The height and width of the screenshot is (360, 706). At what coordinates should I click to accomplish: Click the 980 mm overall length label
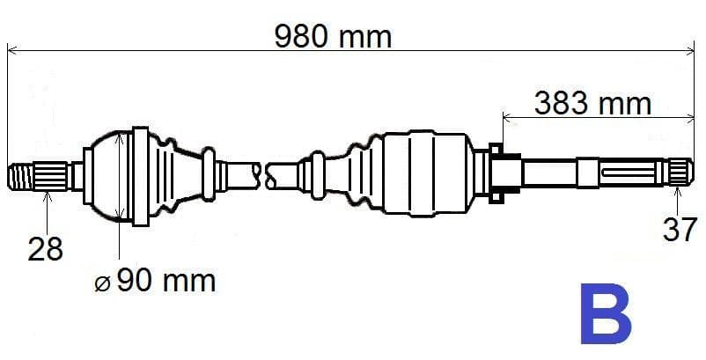click(x=333, y=36)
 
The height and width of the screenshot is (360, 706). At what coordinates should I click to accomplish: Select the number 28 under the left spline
click(x=45, y=249)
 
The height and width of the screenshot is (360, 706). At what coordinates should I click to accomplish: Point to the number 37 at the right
click(x=679, y=231)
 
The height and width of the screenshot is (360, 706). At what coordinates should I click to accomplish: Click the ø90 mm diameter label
click(x=155, y=281)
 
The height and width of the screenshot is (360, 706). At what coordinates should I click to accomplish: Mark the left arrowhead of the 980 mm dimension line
click(x=12, y=50)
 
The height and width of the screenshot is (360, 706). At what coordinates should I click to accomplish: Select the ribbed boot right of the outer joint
click(x=180, y=174)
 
